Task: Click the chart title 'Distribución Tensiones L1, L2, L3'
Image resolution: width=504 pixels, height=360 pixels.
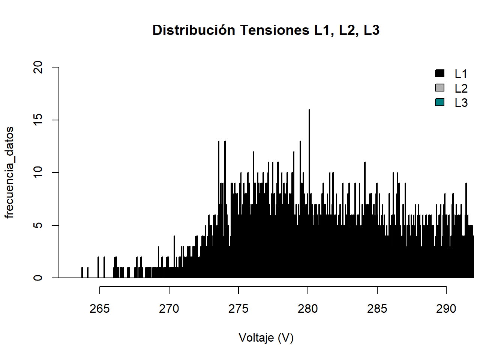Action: pos(266,30)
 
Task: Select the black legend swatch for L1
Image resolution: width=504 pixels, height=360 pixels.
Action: pos(439,73)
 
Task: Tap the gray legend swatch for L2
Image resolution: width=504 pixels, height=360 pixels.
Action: pos(439,88)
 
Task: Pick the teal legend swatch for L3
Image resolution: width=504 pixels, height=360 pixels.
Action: pos(439,102)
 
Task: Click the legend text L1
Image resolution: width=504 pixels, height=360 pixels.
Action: pos(461,74)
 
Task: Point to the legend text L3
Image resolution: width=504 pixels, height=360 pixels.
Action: pos(461,103)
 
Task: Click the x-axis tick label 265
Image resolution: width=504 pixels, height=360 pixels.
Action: pos(100,309)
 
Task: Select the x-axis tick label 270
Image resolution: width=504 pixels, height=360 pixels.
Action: pos(169,309)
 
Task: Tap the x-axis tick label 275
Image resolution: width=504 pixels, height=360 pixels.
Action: pos(238,309)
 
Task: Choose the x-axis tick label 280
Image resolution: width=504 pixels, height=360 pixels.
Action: pos(308,309)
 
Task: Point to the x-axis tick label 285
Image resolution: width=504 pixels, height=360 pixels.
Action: pos(377,309)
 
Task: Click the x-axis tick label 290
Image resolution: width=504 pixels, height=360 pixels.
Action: pos(446,309)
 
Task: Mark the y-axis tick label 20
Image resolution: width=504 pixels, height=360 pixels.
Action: pos(38,67)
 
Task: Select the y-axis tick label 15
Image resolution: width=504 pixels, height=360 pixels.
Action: pos(38,120)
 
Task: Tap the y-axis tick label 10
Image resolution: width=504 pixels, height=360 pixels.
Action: pos(38,172)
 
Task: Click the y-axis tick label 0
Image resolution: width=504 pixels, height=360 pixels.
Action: pos(38,278)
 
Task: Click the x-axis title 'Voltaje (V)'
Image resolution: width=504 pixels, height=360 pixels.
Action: pos(266,338)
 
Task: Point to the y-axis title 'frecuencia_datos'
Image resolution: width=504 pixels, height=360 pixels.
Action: pos(9,172)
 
